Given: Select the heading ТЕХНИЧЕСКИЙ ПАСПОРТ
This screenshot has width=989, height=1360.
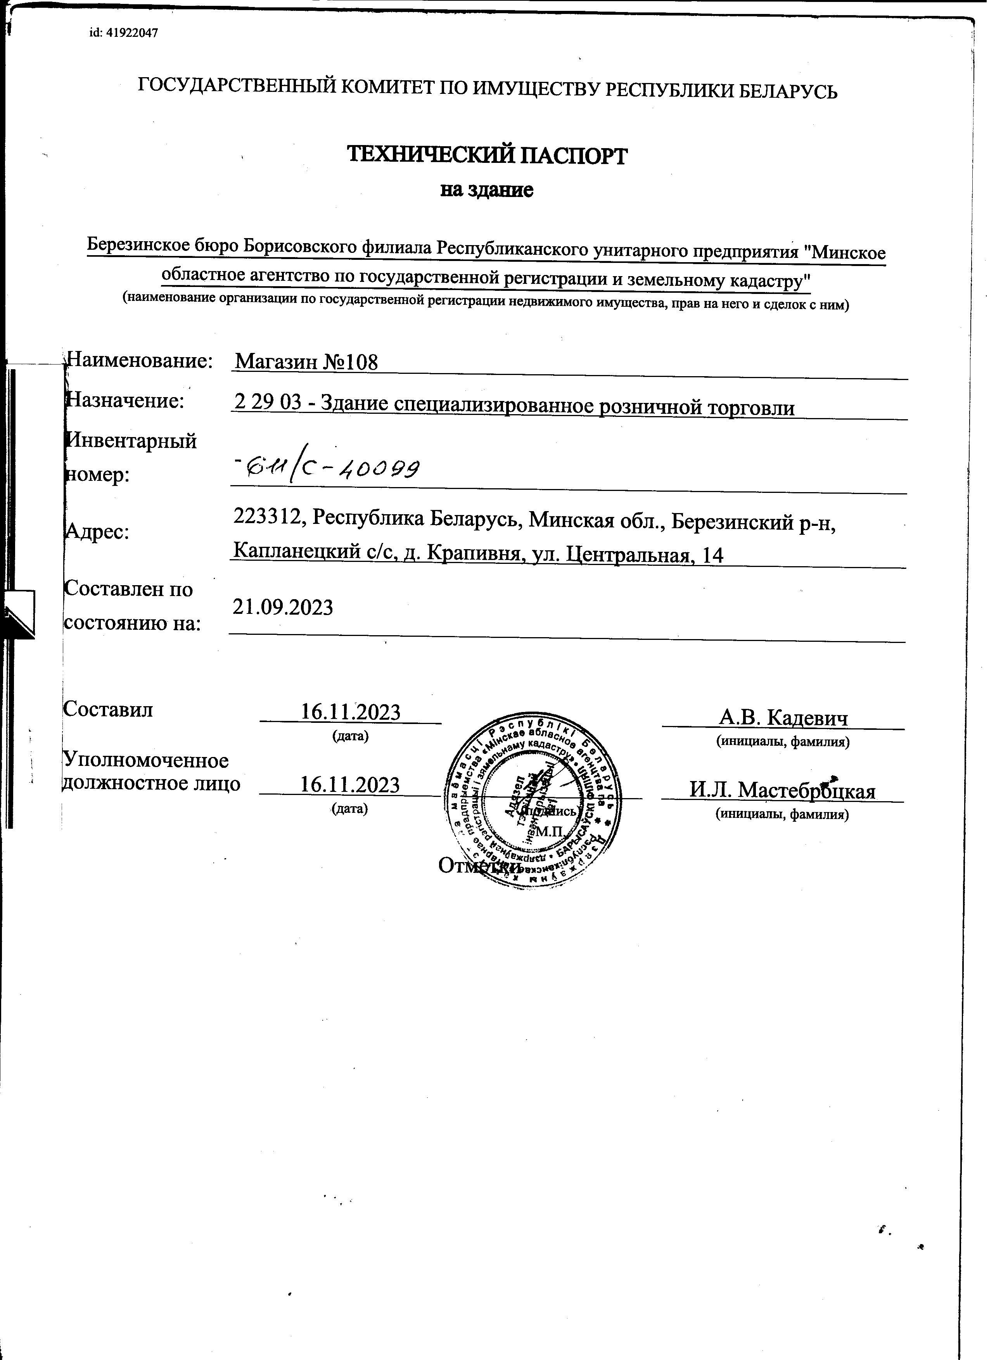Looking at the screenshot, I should [x=488, y=157].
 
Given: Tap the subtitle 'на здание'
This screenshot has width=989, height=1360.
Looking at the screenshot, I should [x=487, y=191].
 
